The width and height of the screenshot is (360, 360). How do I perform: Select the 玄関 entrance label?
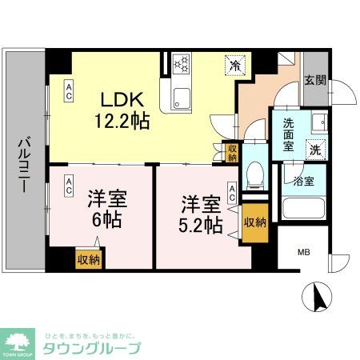(314, 80)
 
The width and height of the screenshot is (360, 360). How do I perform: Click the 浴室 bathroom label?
(303, 181)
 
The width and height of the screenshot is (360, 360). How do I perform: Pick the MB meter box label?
(304, 253)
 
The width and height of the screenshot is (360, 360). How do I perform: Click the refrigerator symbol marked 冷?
(235, 65)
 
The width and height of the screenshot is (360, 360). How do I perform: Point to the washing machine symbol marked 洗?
(315, 149)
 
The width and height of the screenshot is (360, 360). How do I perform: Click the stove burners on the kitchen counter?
(180, 65)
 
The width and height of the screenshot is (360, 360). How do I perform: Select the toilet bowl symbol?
(254, 172)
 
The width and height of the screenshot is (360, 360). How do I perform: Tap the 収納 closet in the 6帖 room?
(88, 258)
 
